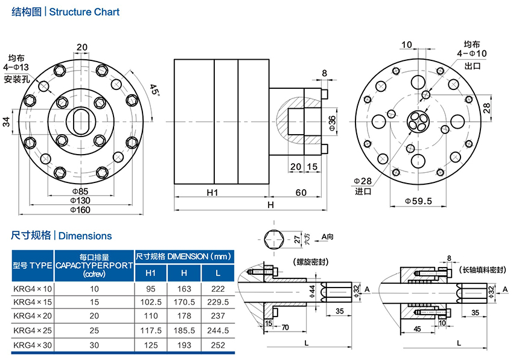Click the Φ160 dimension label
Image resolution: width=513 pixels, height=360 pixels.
81,210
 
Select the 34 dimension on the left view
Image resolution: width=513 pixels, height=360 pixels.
7,120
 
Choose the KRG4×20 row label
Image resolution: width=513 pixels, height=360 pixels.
33,316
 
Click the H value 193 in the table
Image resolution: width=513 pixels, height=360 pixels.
184,345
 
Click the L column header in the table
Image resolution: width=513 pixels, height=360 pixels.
217,273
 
